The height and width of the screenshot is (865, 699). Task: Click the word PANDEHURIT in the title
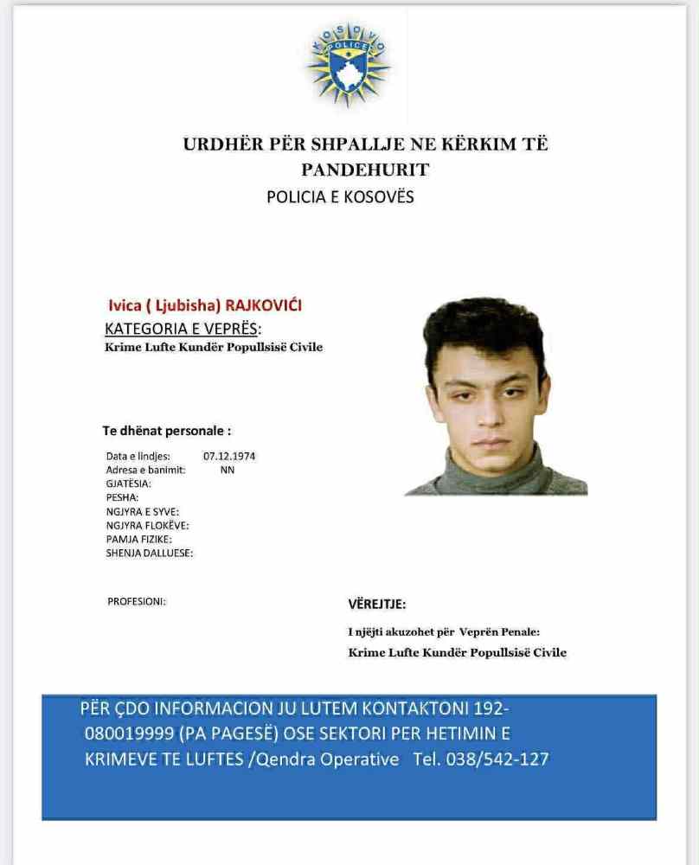(x=364, y=170)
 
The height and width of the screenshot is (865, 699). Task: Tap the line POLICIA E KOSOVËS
(x=340, y=197)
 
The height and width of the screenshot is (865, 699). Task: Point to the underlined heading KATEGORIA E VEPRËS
(x=182, y=329)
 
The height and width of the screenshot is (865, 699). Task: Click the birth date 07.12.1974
(x=229, y=456)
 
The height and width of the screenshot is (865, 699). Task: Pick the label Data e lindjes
(x=138, y=456)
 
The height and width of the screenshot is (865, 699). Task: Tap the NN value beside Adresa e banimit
(x=227, y=470)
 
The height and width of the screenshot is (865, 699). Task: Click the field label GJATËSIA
(x=128, y=484)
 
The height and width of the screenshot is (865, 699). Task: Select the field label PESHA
(x=122, y=497)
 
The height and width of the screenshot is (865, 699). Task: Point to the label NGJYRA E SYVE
(x=142, y=511)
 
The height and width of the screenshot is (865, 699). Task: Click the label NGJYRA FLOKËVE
(x=147, y=525)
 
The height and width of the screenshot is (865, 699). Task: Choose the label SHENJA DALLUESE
(x=150, y=553)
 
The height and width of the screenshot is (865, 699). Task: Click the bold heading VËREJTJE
(x=376, y=604)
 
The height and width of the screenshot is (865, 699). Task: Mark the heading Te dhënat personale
(x=167, y=430)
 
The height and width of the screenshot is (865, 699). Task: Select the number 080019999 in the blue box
(x=130, y=734)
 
